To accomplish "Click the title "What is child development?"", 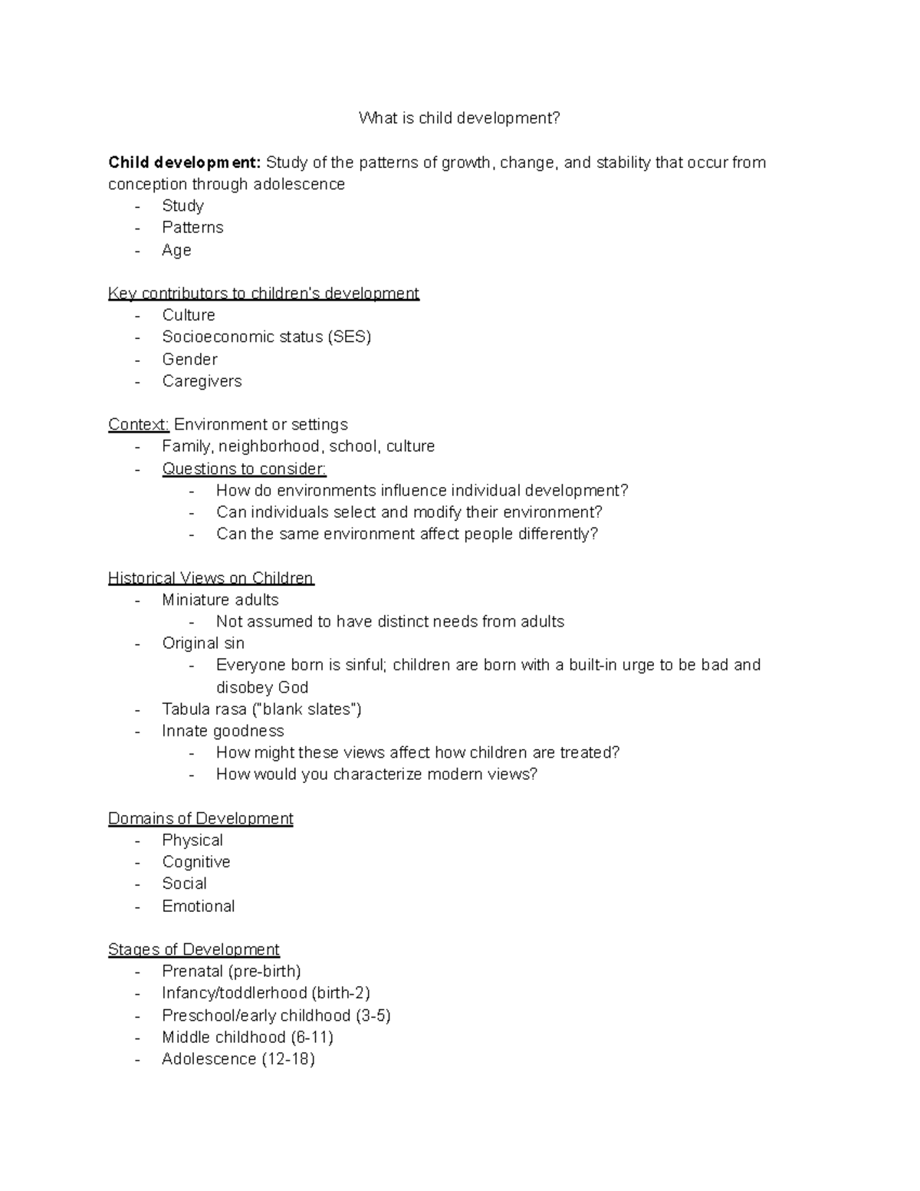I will (x=459, y=118).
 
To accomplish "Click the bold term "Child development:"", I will (x=185, y=163).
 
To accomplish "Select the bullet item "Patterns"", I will (x=192, y=228).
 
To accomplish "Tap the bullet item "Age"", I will (x=176, y=250).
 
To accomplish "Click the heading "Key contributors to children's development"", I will (x=264, y=294).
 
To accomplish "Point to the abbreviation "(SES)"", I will (x=349, y=337).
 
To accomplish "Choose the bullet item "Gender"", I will (x=189, y=359).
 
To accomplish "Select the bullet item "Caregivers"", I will (x=202, y=381).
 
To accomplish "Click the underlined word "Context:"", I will (x=138, y=425).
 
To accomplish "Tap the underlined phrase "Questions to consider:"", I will (x=244, y=469).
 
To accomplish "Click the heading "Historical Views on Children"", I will (x=211, y=578).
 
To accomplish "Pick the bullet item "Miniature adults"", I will (x=220, y=600).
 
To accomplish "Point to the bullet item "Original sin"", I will (x=203, y=643).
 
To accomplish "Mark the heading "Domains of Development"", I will (x=201, y=819).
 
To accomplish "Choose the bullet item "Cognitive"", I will (x=195, y=862).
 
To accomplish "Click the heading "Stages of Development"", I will (x=194, y=950).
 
